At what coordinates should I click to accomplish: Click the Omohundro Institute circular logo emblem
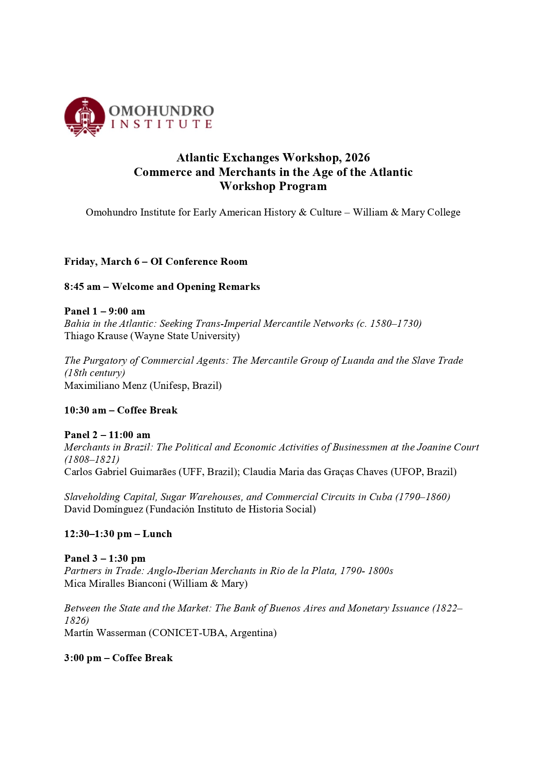click(x=84, y=117)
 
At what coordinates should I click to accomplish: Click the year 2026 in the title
click(x=357, y=157)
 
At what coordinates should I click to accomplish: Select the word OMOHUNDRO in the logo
click(x=161, y=110)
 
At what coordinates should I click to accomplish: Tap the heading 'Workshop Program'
click(x=273, y=186)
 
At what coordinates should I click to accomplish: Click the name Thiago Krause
click(x=95, y=336)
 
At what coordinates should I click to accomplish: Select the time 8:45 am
click(x=82, y=287)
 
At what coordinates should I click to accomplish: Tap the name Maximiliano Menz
click(x=105, y=386)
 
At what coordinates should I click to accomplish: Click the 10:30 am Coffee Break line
click(x=121, y=410)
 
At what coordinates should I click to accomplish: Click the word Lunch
click(x=157, y=534)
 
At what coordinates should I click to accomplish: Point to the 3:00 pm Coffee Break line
click(x=118, y=658)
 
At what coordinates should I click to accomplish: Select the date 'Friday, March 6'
click(x=98, y=262)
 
